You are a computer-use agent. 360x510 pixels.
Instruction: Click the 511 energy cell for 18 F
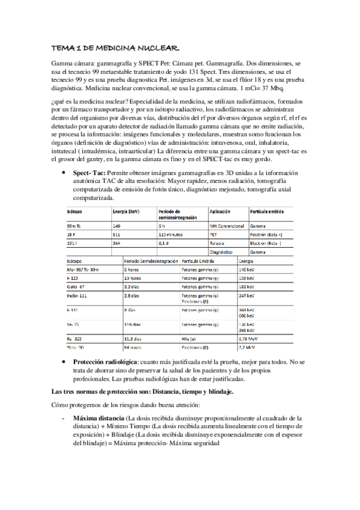click(x=117, y=235)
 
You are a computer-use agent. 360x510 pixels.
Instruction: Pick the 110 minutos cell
click(x=171, y=235)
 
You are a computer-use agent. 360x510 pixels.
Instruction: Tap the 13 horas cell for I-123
click(x=133, y=279)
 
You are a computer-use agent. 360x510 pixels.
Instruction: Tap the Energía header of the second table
click(x=248, y=262)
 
